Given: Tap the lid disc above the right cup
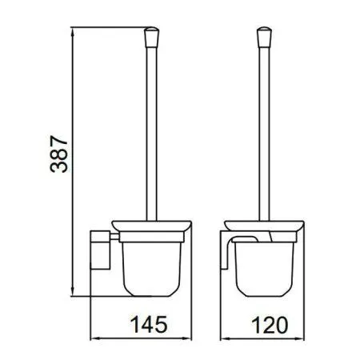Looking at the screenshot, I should (x=264, y=226).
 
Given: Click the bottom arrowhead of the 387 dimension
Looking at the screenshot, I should (x=73, y=291).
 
